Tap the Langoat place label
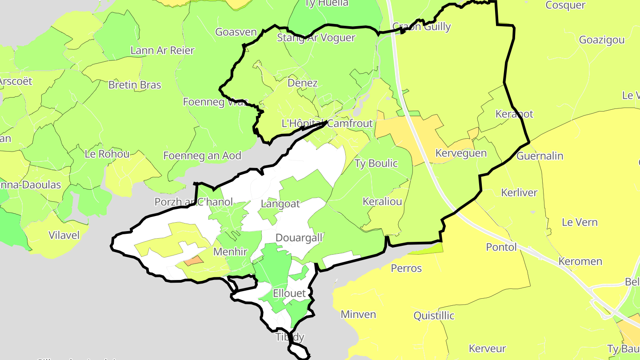280,204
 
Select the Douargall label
299,238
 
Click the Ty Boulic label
376,163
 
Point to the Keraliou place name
382,201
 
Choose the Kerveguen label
461,153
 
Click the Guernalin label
540,156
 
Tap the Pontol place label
501,247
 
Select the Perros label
406,268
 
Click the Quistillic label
434,316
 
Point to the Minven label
358,315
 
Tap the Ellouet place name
289,293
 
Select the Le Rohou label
107,154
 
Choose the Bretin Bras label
135,85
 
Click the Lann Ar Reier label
162,50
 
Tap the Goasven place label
236,32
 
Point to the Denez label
303,83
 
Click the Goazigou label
602,40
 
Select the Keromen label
580,261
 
